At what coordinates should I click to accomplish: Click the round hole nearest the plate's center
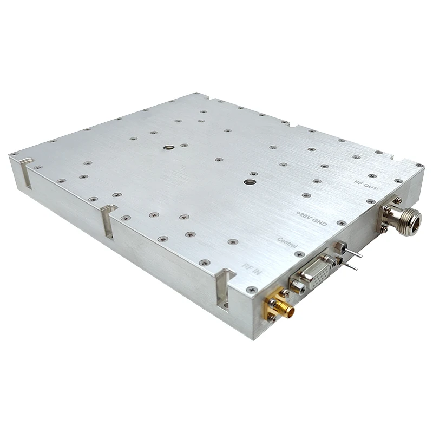pos(248,182)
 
